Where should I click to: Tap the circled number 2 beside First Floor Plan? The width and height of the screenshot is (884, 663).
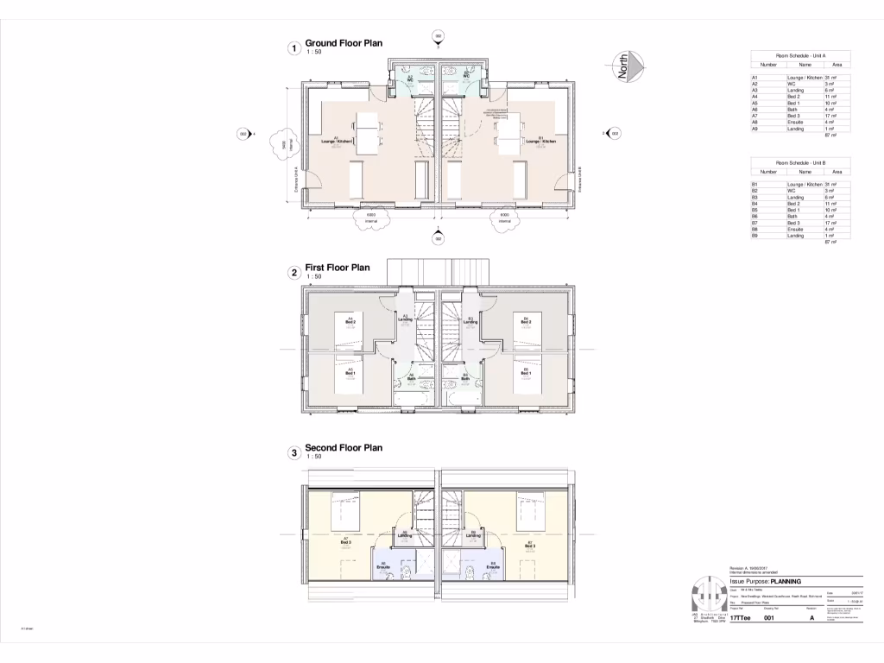pyautogui.click(x=294, y=273)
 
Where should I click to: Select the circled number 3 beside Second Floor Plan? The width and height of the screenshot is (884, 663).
pyautogui.click(x=294, y=452)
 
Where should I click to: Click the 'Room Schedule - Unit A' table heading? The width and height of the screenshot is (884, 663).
pyautogui.click(x=800, y=55)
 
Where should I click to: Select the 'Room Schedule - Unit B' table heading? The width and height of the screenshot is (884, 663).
pyautogui.click(x=800, y=162)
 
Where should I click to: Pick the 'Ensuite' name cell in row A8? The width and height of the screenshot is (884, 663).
pyautogui.click(x=796, y=123)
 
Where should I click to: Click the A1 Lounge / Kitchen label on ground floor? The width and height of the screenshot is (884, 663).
pyautogui.click(x=337, y=140)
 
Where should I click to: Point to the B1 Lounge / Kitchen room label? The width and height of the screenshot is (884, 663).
pyautogui.click(x=540, y=139)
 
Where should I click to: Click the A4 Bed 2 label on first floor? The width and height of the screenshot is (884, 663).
pyautogui.click(x=350, y=320)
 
